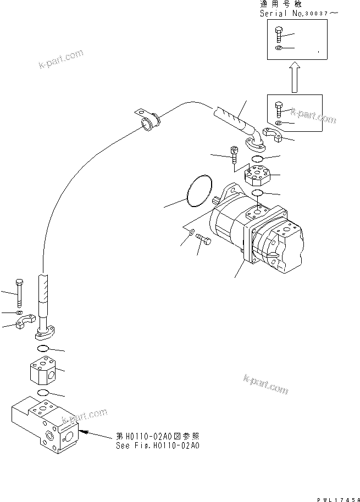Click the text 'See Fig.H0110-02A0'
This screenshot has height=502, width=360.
[157, 445]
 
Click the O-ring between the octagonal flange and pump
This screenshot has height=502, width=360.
[257, 193]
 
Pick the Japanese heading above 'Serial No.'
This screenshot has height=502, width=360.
[283, 4]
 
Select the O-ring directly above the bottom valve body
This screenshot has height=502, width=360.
[43, 392]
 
